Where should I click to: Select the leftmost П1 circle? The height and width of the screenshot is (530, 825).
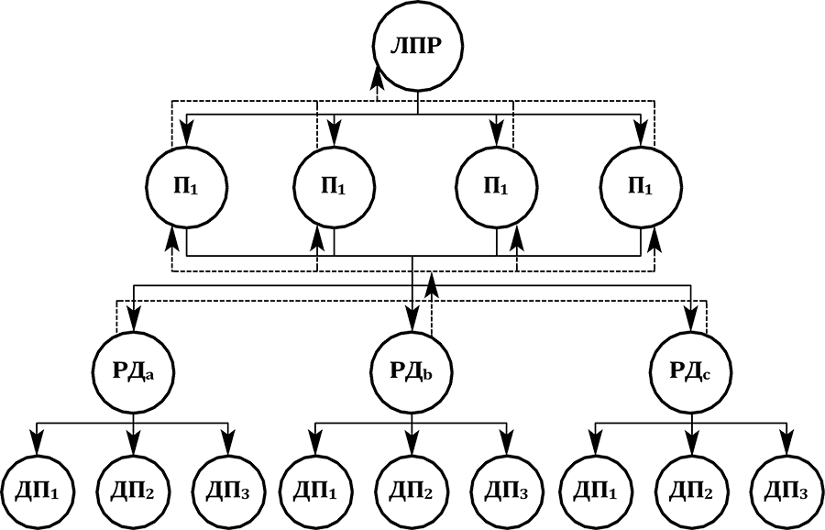pyautogui.click(x=186, y=184)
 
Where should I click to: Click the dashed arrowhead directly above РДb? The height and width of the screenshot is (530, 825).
pyautogui.click(x=432, y=291)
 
